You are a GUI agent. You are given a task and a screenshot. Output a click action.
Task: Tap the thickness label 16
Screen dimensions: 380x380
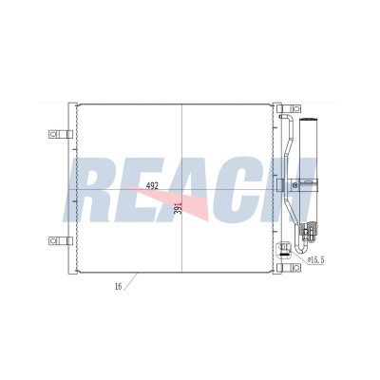(x=117, y=284)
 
